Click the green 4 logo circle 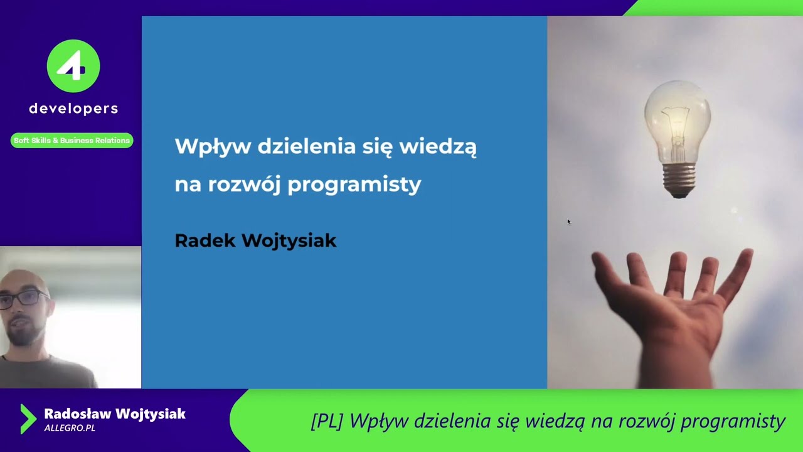[73, 66]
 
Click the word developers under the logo [73, 109]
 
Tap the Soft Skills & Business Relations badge [72, 141]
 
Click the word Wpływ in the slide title [212, 147]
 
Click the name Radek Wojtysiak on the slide [255, 240]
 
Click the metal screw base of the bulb [679, 180]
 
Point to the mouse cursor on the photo [568, 221]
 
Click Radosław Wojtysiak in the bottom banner [115, 414]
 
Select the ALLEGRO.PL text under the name [70, 428]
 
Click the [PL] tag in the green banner [327, 421]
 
